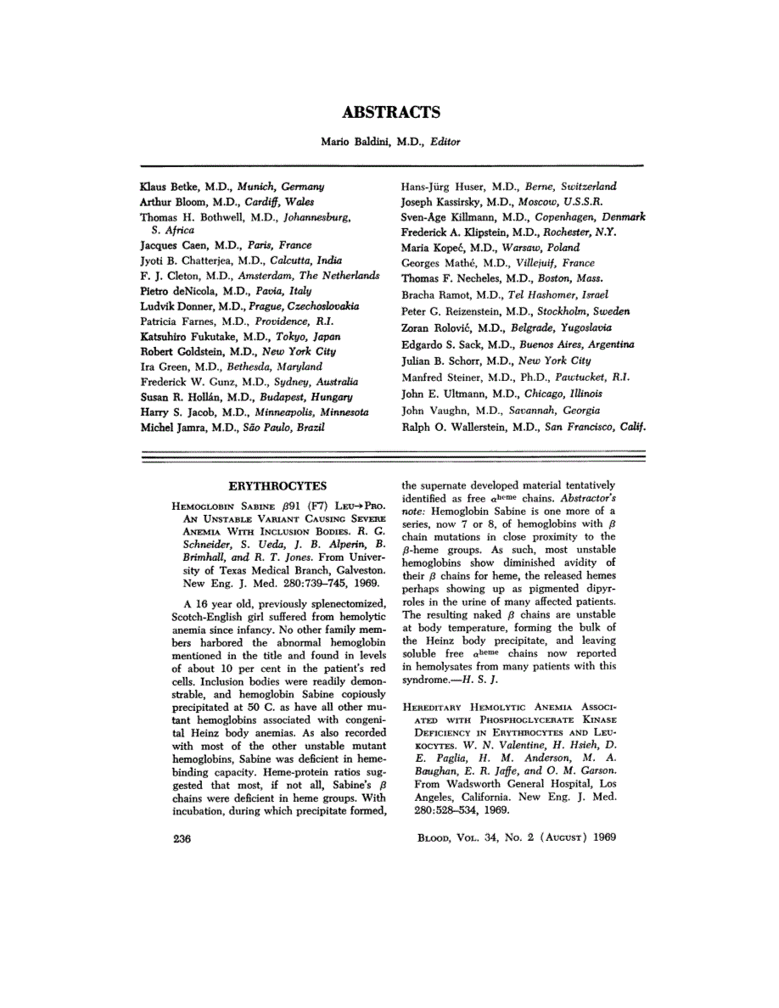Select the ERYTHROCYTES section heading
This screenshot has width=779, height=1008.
pos(278,485)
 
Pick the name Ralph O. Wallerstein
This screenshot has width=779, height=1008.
pos(448,428)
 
